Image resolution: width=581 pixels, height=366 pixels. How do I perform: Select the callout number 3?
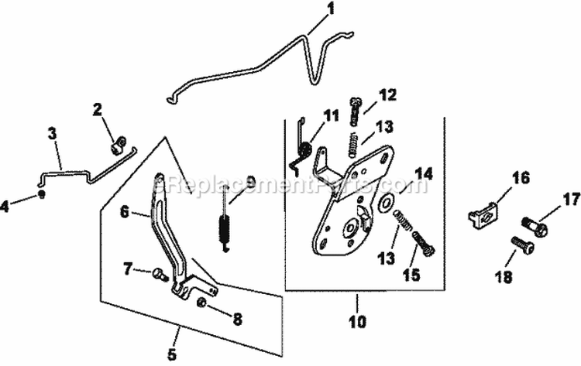click(x=53, y=133)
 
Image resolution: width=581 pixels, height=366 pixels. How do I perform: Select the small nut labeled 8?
click(x=202, y=302)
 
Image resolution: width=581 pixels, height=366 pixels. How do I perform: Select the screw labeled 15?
click(x=425, y=245)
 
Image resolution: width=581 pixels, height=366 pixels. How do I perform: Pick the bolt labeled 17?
click(x=536, y=228)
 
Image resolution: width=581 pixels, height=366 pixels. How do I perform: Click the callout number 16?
click(x=521, y=179)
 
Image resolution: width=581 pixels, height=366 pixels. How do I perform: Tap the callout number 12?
click(x=387, y=95)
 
